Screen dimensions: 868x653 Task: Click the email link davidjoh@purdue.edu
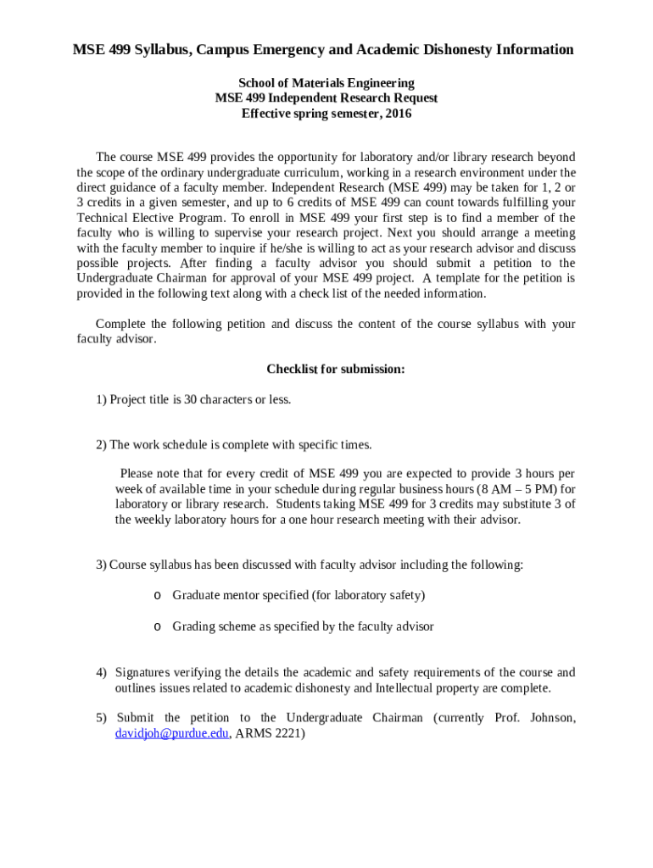pyautogui.click(x=171, y=734)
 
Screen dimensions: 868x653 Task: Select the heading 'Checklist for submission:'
pyautogui.click(x=335, y=369)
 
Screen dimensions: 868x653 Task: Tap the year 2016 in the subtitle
pyautogui.click(x=398, y=114)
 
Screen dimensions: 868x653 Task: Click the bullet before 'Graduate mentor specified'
pyautogui.click(x=157, y=595)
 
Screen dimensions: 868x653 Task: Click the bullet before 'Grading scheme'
pyautogui.click(x=157, y=626)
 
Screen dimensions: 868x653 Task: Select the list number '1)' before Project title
pyautogui.click(x=101, y=399)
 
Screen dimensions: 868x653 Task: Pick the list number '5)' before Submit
pyautogui.click(x=101, y=718)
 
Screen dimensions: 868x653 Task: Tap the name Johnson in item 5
pyautogui.click(x=552, y=718)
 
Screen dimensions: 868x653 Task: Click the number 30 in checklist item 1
pyautogui.click(x=191, y=399)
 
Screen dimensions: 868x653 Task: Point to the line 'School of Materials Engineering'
pyautogui.click(x=326, y=83)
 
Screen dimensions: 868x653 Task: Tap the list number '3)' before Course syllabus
pyautogui.click(x=101, y=565)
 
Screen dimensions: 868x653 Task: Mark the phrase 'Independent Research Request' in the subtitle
pyautogui.click(x=354, y=98)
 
